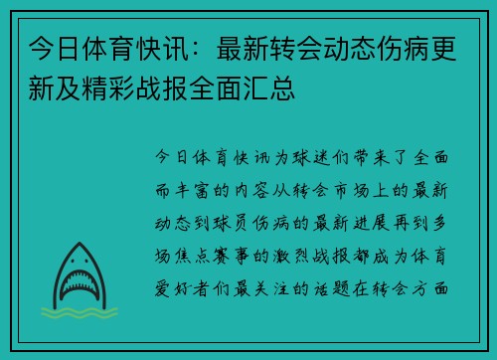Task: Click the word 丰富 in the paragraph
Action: tap(198, 184)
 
